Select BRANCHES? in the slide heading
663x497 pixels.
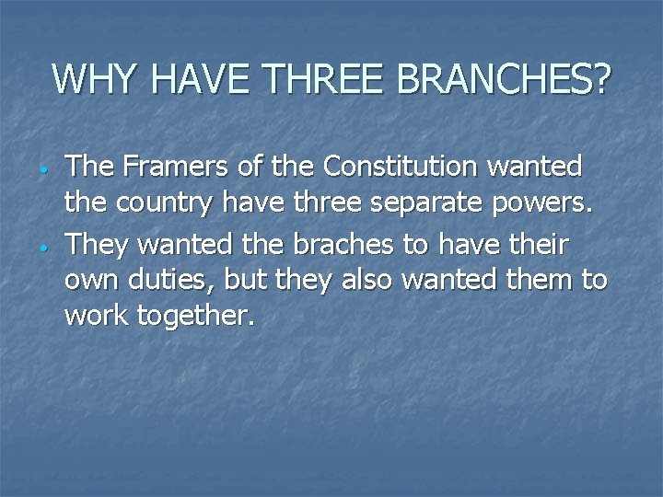[x=504, y=80]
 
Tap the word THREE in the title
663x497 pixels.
[x=327, y=80]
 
